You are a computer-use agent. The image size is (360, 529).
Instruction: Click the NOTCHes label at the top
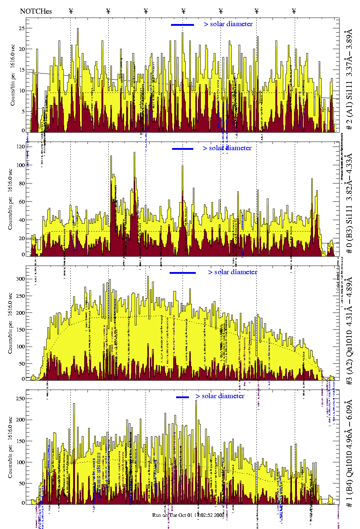36,11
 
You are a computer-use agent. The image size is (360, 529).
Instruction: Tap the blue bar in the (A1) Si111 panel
183,25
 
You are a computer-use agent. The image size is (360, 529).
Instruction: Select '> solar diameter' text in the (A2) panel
232,272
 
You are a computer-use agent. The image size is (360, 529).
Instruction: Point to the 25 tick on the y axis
22,28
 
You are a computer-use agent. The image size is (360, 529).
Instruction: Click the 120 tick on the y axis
20,147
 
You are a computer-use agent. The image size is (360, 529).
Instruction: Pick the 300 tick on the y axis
20,279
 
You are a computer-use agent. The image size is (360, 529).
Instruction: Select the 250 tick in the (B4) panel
20,399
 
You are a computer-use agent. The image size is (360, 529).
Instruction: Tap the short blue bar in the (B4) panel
183,397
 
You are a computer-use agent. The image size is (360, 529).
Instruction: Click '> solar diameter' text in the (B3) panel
227,148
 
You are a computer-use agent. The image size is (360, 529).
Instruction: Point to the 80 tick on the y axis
22,184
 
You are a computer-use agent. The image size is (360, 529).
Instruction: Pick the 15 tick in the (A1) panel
22,70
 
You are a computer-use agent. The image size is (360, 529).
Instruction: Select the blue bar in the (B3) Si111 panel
183,149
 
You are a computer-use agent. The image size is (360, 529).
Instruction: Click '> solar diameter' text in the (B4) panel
220,396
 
